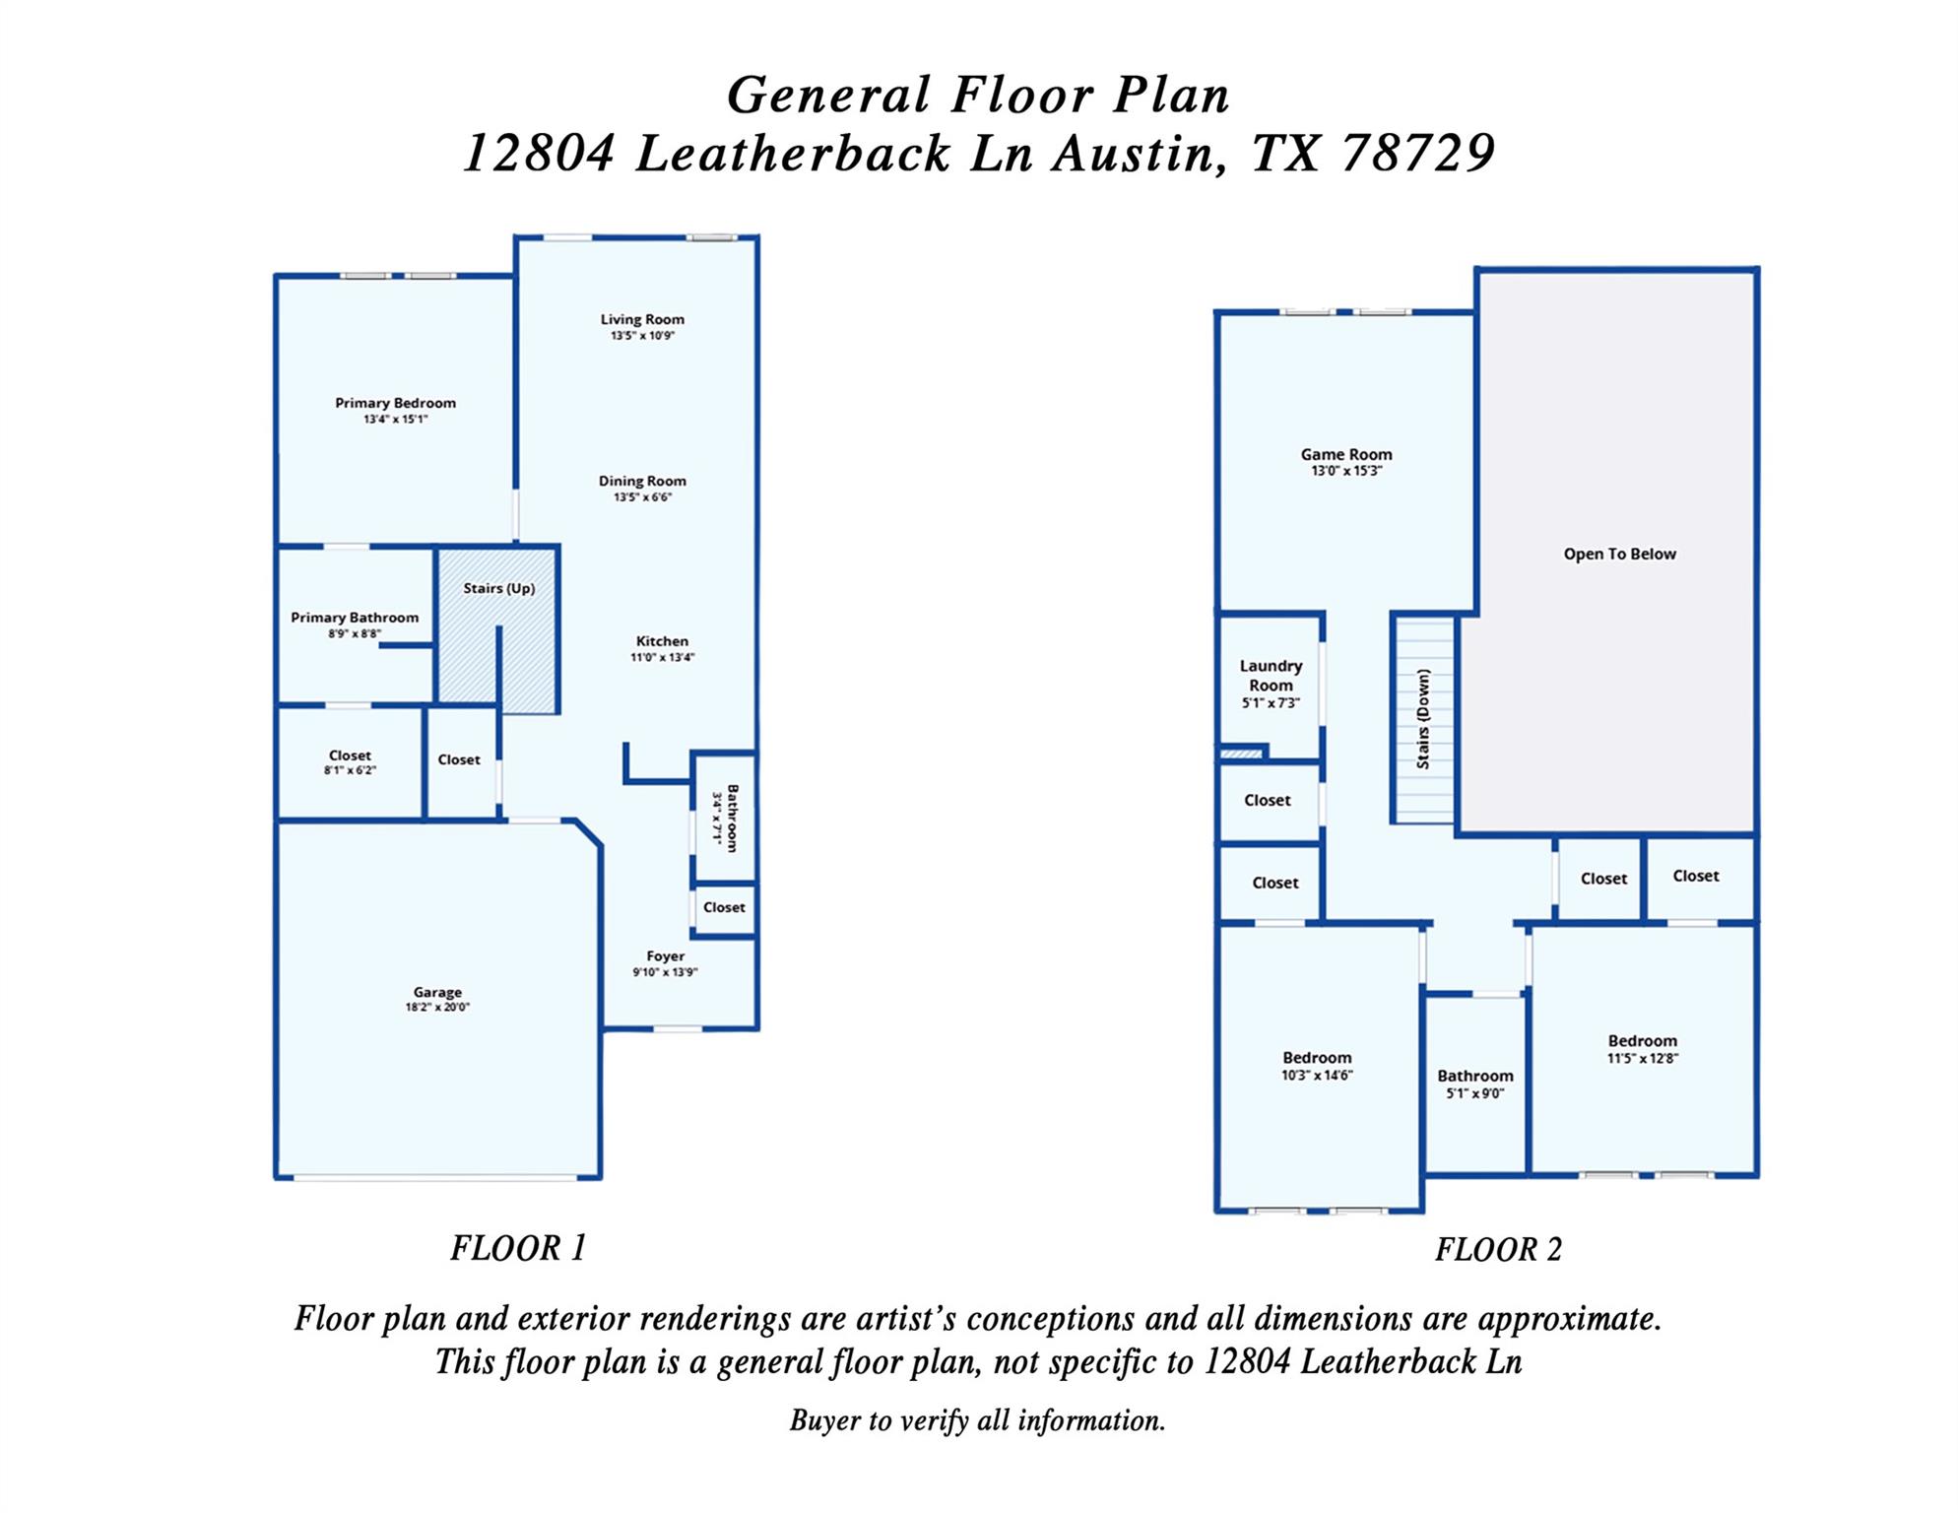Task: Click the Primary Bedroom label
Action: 395,403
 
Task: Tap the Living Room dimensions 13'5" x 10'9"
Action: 642,336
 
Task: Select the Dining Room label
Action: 642,481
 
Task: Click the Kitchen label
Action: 662,641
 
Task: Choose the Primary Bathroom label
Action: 355,618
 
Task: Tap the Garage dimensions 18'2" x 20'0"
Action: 437,1008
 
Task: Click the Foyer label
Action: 665,955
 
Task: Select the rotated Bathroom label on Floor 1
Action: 732,818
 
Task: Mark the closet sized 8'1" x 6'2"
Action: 350,762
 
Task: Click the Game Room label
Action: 1345,454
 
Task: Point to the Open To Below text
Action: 1619,554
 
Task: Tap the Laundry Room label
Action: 1271,676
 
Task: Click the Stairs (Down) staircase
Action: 1423,720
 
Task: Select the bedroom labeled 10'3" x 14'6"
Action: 1317,1066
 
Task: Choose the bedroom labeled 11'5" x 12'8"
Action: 1642,1048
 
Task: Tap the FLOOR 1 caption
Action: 518,1248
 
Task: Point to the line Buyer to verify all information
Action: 977,1420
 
